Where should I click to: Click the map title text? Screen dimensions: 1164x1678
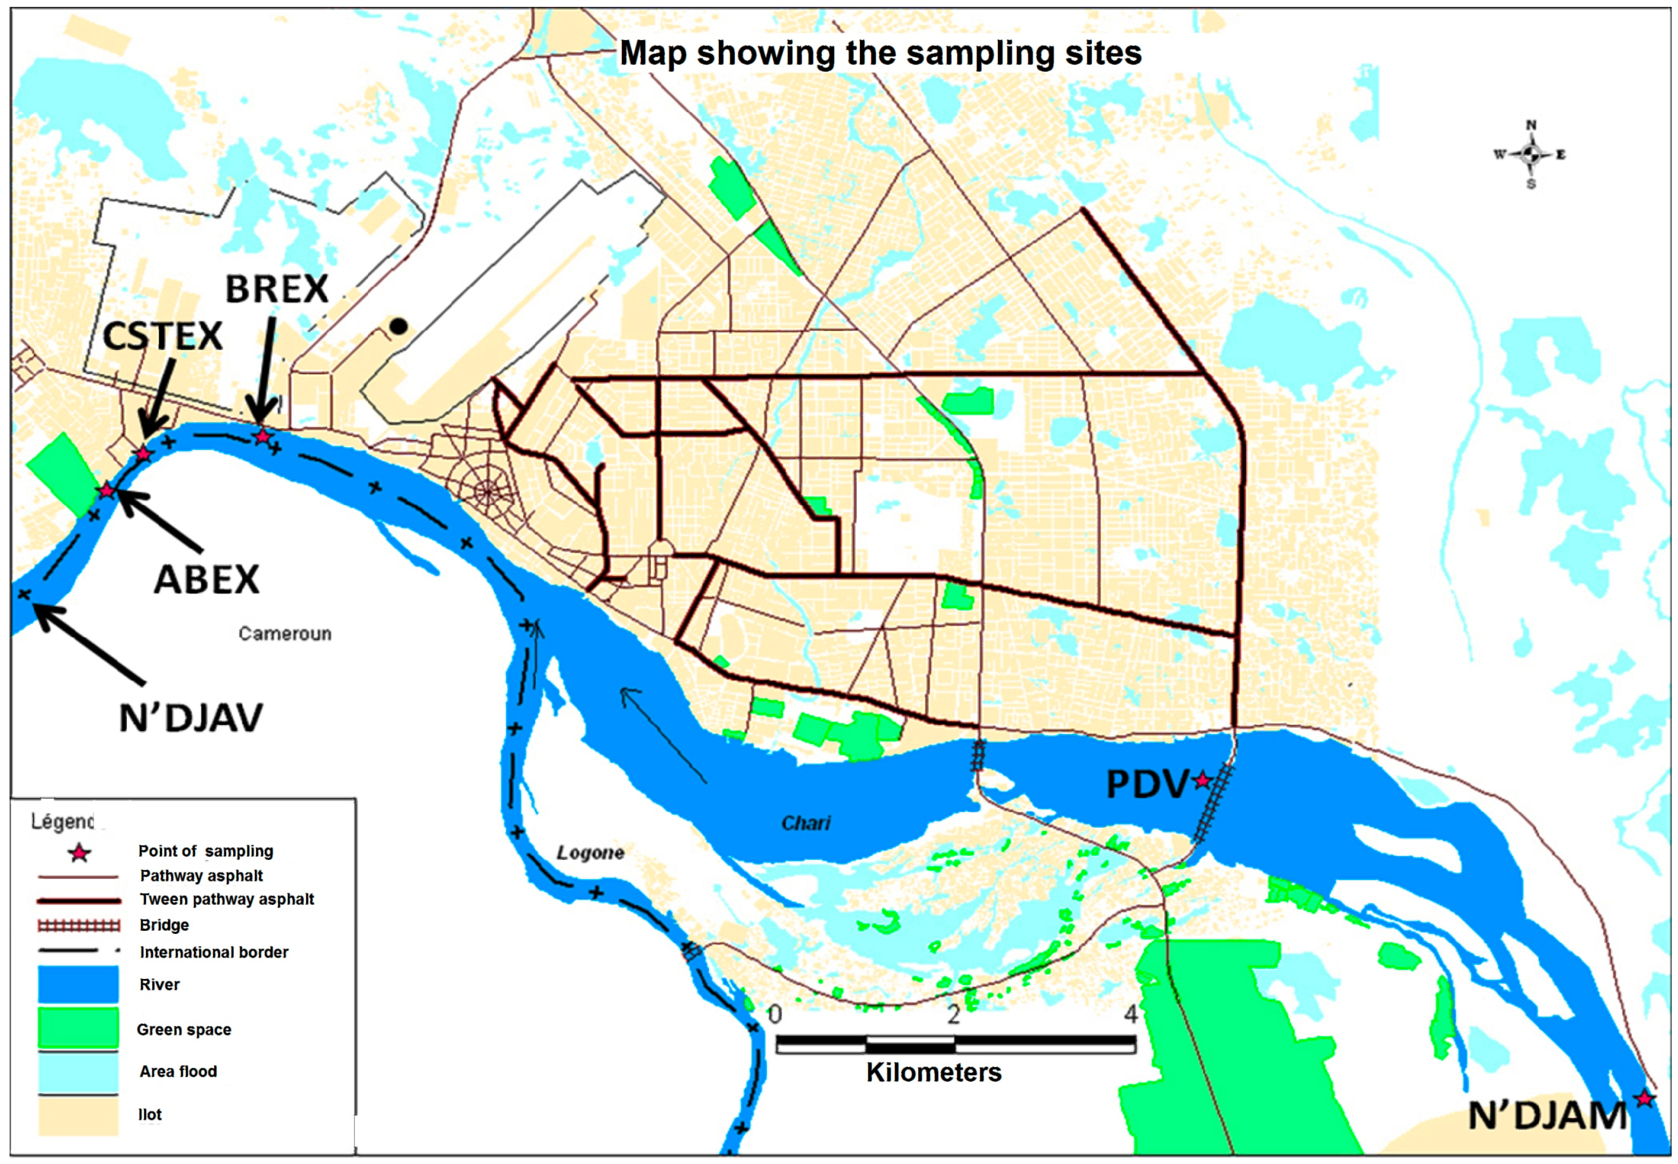tap(880, 53)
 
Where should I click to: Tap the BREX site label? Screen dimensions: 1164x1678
tap(277, 289)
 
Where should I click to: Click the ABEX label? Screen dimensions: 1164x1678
tap(206, 580)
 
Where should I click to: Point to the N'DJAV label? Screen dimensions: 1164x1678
tap(191, 718)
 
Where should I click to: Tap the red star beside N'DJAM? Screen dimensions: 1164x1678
tap(1644, 1098)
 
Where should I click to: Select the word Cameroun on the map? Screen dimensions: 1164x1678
tap(285, 633)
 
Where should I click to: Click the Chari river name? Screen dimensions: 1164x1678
tap(806, 823)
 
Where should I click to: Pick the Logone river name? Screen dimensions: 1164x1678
tap(590, 853)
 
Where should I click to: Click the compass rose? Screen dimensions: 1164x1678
tap(1530, 154)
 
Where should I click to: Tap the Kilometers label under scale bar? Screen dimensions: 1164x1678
tap(933, 1072)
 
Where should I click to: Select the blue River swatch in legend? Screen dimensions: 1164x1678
tap(78, 984)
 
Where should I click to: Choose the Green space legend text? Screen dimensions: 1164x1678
tap(184, 1030)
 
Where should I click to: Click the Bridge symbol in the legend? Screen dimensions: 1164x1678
tap(79, 925)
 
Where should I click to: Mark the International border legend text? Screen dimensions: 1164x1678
tap(214, 952)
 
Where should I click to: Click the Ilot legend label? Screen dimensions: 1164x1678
tap(150, 1114)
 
